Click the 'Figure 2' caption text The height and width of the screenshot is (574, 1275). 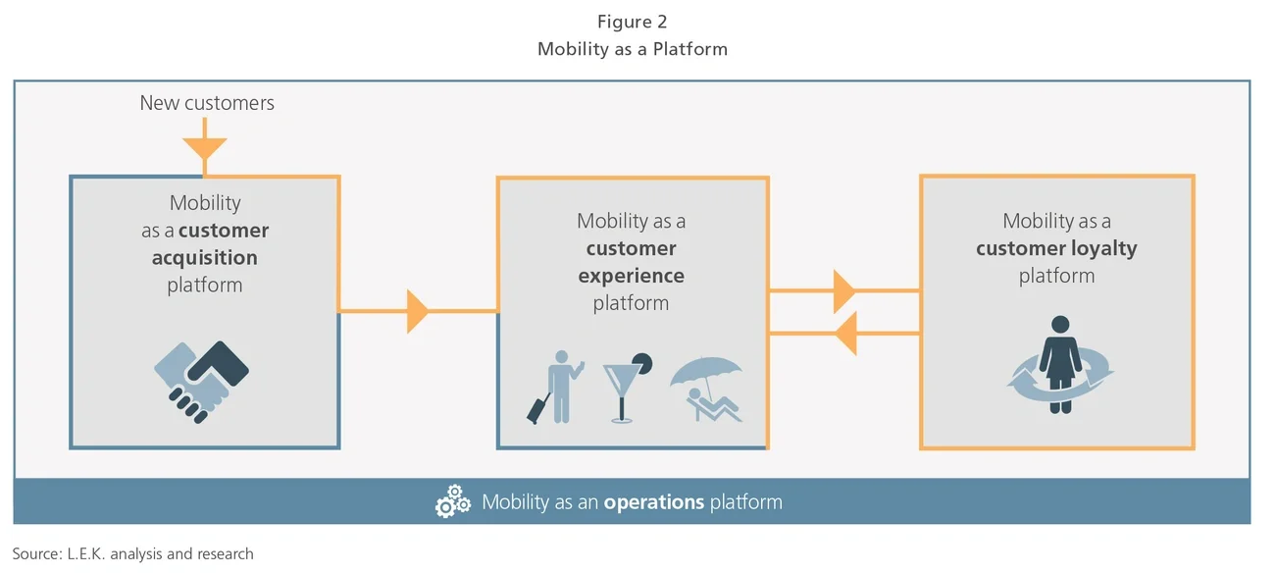tap(632, 22)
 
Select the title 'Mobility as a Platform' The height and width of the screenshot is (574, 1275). tap(632, 48)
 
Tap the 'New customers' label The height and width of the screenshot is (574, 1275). tap(207, 103)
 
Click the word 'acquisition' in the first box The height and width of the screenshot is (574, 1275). tap(204, 258)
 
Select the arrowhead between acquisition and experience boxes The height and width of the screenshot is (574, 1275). tap(418, 311)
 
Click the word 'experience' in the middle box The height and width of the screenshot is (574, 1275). tap(631, 276)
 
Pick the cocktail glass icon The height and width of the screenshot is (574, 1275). tap(621, 389)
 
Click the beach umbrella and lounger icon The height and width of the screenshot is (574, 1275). tap(706, 389)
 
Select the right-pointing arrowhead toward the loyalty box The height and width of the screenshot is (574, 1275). tap(844, 291)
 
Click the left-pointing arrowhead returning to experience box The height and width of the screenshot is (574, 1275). tap(844, 334)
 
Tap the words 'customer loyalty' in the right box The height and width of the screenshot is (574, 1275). tap(1056, 248)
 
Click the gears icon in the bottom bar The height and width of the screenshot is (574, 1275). tap(452, 502)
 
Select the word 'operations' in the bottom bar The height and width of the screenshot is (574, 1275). tap(654, 502)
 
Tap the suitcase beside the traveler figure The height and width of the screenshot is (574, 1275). tap(538, 409)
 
